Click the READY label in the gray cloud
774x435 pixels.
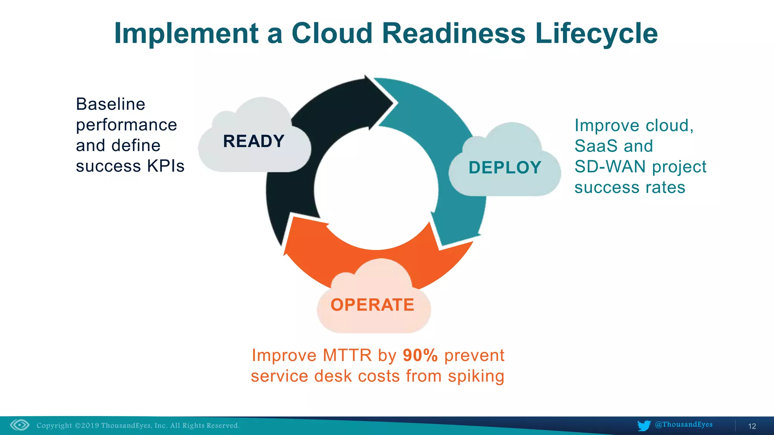254,141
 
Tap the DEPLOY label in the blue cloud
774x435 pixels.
505,168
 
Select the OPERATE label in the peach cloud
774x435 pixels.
372,305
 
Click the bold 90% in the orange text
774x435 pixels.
420,355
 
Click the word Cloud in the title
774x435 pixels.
332,33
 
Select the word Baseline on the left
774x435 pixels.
110,104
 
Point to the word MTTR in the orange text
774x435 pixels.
347,355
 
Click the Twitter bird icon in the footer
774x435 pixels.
644,426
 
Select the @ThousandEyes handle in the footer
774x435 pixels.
683,424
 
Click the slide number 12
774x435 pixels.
752,426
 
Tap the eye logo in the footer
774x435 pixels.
20,425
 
